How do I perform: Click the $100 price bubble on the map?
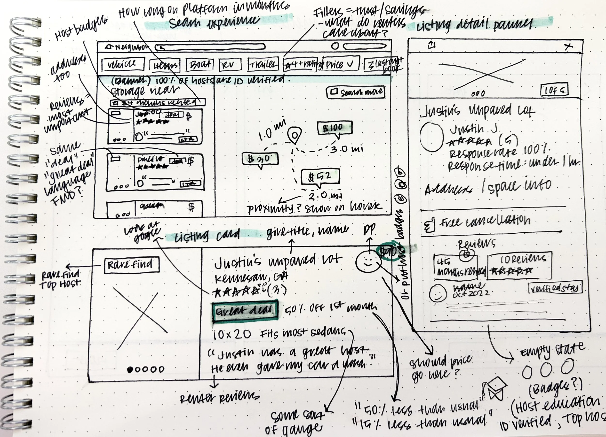[x=335, y=128]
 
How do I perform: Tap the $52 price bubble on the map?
[x=320, y=176]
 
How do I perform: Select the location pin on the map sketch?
[x=295, y=136]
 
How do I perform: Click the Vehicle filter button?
[x=123, y=64]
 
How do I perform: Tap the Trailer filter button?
[x=263, y=64]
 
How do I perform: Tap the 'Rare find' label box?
[x=131, y=265]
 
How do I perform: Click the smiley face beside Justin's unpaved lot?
[x=368, y=262]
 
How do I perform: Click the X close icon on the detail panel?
[x=568, y=47]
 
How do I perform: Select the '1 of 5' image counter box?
[x=554, y=91]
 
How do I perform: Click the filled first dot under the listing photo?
[x=130, y=369]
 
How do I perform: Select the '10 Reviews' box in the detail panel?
[x=519, y=265]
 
